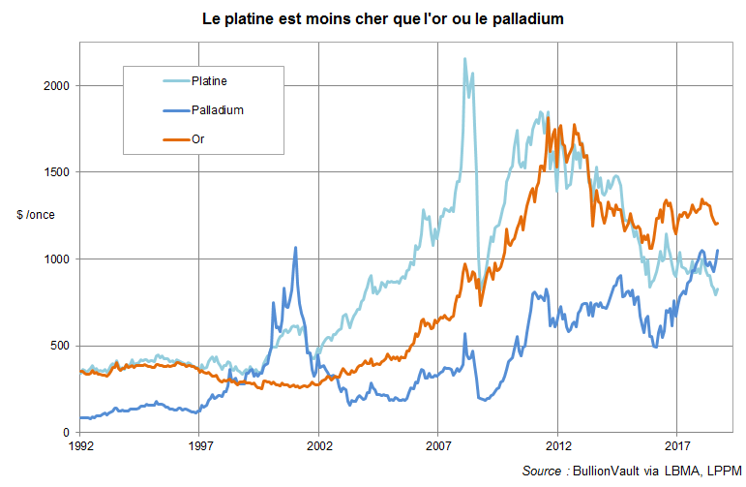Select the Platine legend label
click(209, 80)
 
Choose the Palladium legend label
click(218, 109)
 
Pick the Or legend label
click(197, 139)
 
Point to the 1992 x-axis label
click(80, 446)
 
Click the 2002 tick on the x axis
click(319, 446)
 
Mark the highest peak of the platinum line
click(464, 59)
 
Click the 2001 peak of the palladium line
click(295, 248)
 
